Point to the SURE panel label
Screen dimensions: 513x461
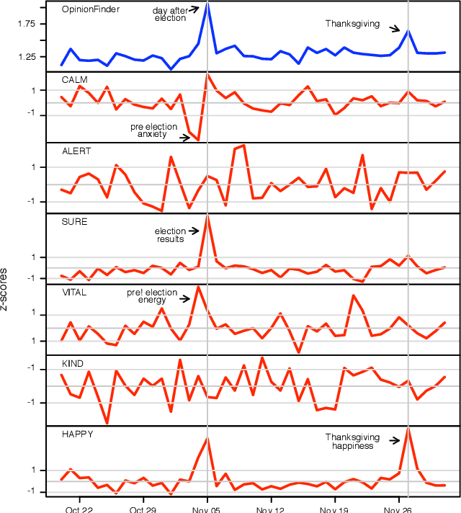[x=74, y=221]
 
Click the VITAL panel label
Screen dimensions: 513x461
[x=74, y=293]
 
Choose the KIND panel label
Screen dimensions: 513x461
[x=73, y=363]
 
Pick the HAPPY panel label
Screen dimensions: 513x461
[x=77, y=434]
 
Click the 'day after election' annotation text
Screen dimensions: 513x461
[x=170, y=14]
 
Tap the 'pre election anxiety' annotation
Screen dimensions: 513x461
[x=148, y=130]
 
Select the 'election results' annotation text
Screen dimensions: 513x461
[x=171, y=235]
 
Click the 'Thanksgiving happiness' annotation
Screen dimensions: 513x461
[x=352, y=442]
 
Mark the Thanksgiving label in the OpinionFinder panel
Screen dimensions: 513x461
[x=352, y=24]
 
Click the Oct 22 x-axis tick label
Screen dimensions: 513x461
[x=79, y=507]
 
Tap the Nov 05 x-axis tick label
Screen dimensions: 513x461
[x=207, y=507]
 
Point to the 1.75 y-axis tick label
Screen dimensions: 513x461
[x=25, y=24]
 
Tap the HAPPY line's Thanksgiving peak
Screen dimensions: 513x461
[x=408, y=428]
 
